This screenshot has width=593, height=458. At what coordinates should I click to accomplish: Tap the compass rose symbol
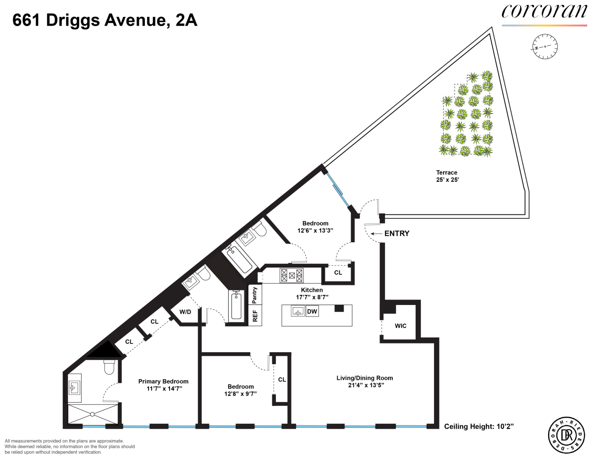coord(545,47)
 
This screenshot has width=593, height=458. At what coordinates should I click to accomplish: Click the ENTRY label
coord(397,234)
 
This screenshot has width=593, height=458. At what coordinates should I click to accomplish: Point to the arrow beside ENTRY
coord(376,234)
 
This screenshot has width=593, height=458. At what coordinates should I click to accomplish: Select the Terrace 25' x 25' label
coord(447,176)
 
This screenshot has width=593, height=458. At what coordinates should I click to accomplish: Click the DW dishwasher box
coord(312,311)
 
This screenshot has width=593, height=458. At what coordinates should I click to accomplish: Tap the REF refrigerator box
coord(255,316)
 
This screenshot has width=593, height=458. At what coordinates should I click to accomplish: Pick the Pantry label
coord(255,295)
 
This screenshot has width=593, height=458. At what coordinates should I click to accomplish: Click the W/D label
coord(185,312)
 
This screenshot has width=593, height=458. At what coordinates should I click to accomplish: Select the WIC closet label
coord(401,326)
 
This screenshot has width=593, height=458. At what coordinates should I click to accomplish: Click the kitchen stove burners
coord(292,275)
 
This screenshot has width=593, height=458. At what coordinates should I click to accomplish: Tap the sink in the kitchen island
coord(298,311)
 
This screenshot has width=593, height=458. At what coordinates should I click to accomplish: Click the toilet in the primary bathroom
coord(110,367)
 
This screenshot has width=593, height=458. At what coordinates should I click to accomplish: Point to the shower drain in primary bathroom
coord(92,414)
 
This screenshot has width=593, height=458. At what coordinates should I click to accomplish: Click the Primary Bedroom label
coord(164,385)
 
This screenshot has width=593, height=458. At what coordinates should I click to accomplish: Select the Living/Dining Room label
coord(365,382)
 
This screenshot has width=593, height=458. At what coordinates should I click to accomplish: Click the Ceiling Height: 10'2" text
coord(479,426)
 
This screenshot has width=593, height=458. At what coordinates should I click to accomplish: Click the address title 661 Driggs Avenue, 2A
coord(105,21)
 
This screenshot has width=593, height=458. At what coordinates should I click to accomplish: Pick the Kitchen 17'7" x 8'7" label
coord(312,294)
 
